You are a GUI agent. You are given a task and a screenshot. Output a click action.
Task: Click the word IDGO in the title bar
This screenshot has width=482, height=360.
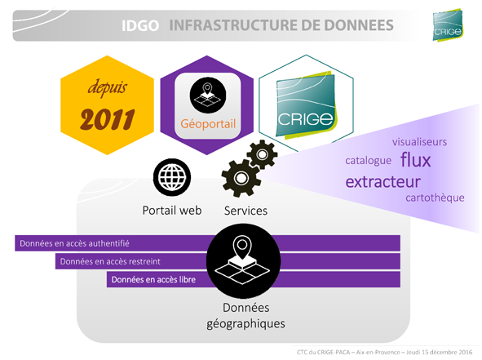pos(140,25)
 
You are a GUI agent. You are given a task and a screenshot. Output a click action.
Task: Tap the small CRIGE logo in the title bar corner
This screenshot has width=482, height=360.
pos(448,25)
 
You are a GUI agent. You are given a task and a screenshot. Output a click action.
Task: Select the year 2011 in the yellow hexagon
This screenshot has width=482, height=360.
pos(108,119)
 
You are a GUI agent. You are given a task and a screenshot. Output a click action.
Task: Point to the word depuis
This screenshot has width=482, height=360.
pos(108,87)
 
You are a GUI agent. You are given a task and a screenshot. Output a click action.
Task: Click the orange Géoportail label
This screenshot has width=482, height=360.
pos(208,124)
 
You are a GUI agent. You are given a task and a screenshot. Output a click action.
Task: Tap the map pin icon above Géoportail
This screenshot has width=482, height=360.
pos(208,95)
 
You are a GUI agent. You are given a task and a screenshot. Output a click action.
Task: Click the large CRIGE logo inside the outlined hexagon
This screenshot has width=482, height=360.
pos(306,105)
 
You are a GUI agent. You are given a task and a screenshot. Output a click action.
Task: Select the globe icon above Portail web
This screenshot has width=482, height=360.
pos(172,177)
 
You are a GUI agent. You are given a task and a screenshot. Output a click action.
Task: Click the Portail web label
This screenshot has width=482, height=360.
pos(172,211)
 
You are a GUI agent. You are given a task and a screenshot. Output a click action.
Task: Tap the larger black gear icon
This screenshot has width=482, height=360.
pos(241,178)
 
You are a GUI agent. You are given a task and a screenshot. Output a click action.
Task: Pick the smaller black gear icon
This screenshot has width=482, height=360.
pos(263,154)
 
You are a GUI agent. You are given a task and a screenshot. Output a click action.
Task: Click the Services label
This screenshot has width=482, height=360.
pos(245,211)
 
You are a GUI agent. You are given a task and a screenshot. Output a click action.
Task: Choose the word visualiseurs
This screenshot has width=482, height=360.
pos(419,142)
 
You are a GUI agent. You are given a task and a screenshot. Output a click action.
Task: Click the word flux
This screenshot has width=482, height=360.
pos(416,160)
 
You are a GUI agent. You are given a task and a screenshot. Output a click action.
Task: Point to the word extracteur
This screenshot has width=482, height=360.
pos(383,181)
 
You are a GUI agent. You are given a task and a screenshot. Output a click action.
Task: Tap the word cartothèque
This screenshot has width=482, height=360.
pos(435,198)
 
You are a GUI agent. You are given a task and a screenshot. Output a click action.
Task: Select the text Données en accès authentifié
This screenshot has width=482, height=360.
pos(74,243)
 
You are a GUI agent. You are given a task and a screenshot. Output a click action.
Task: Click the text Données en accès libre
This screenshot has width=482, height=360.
pos(153,280)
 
